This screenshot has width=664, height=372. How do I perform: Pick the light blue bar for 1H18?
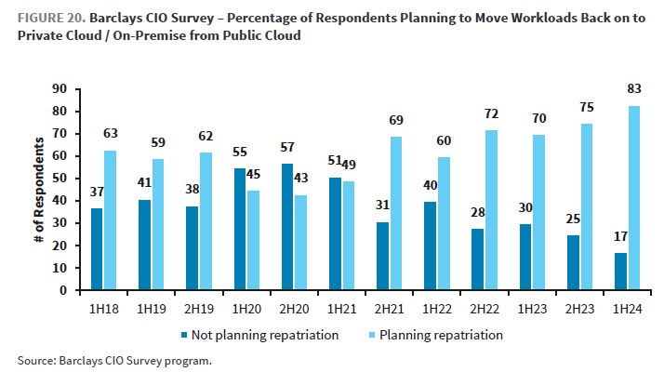tap(111, 219)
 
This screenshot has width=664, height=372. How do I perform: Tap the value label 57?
tap(286, 148)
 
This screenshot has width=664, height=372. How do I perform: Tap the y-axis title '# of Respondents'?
tap(40, 189)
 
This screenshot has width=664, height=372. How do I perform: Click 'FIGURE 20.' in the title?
tap(49, 18)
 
